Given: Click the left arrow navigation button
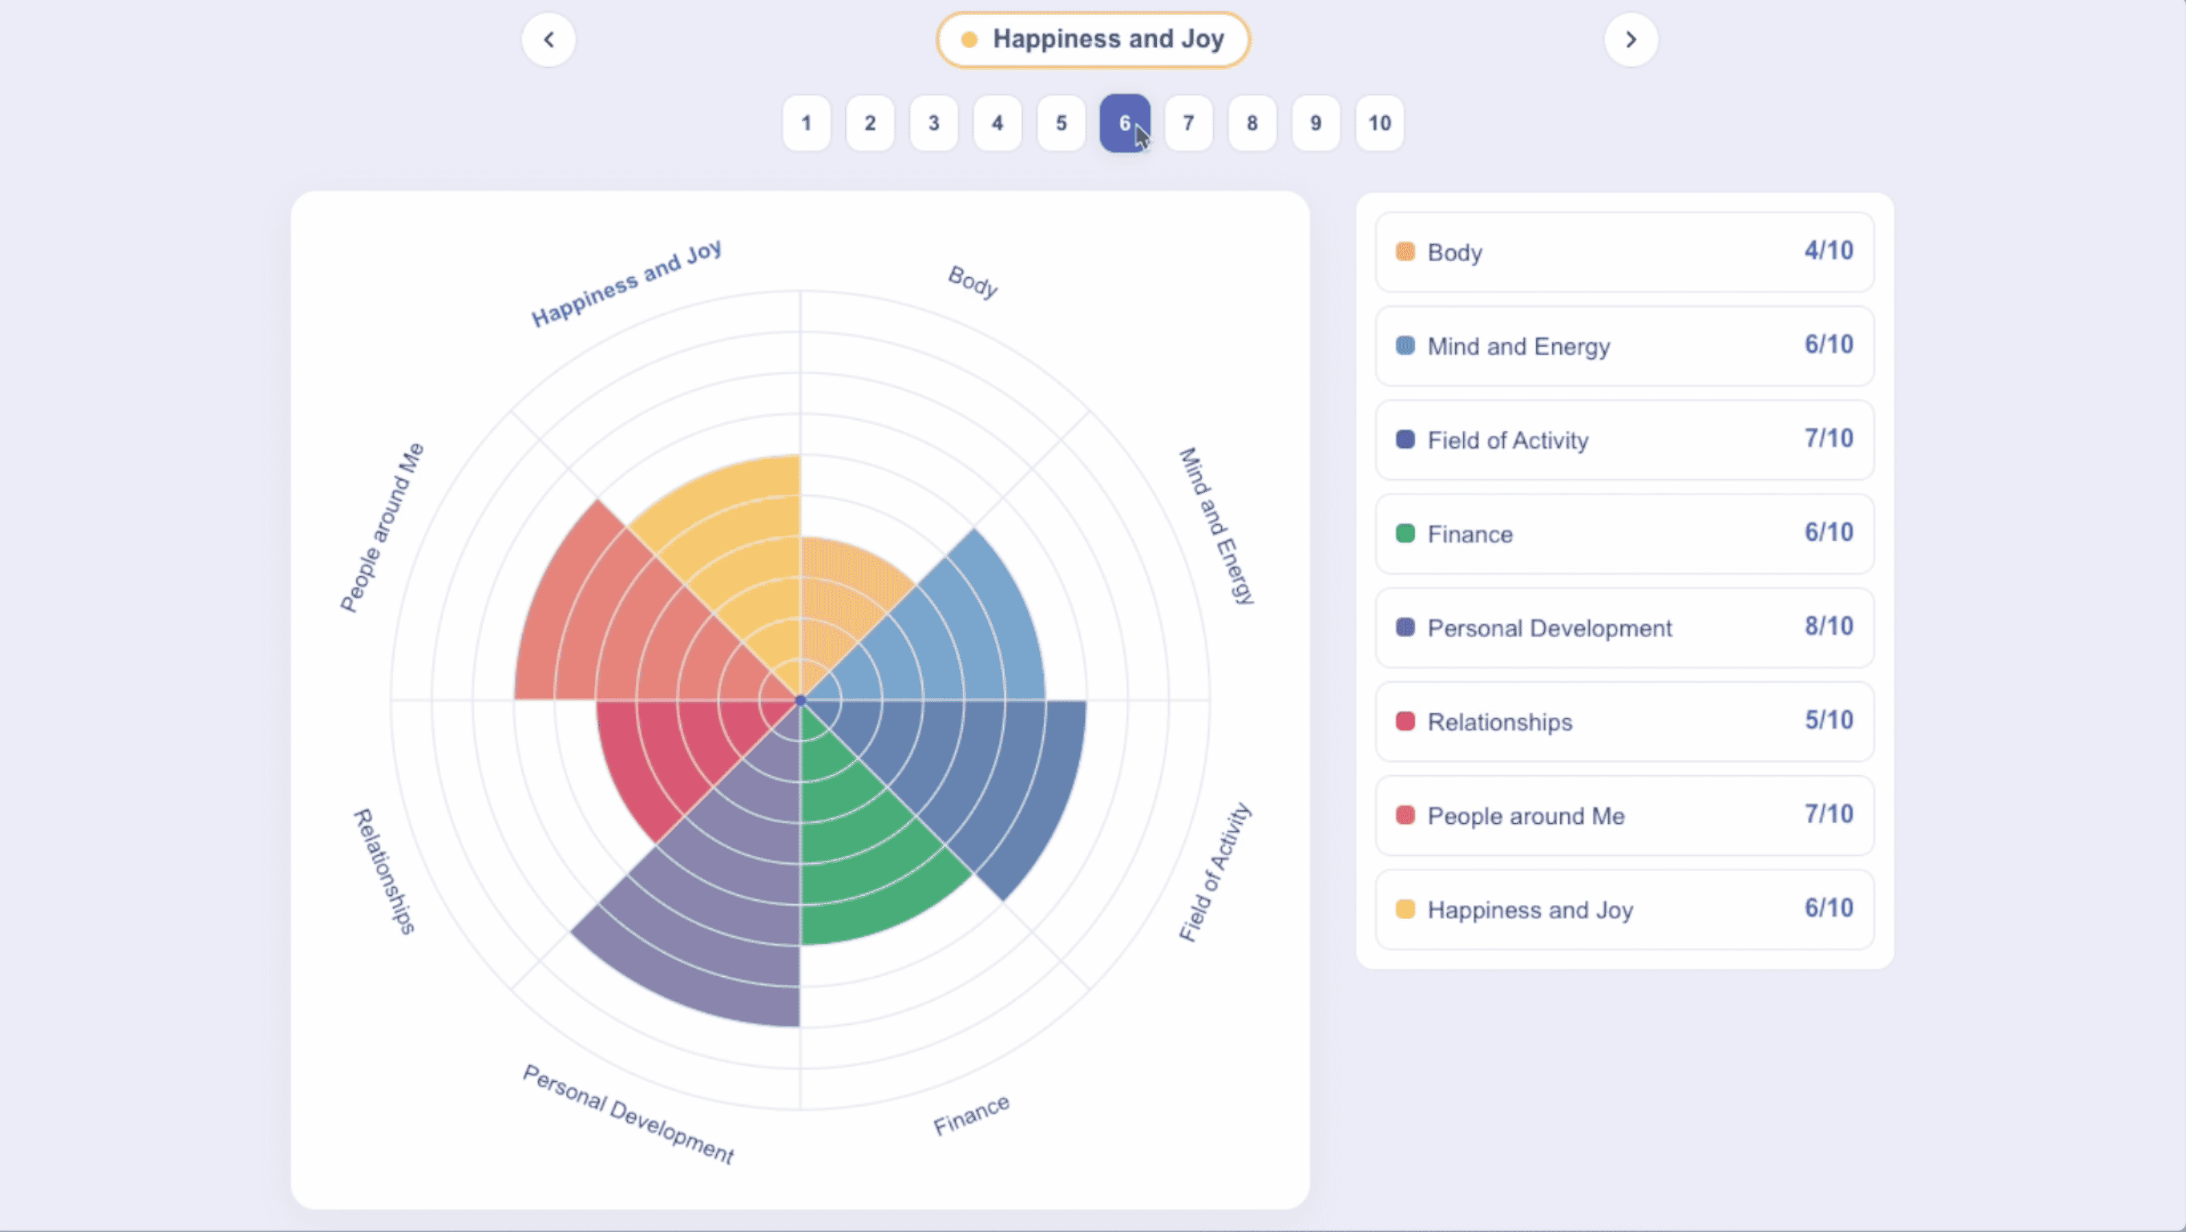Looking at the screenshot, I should (x=548, y=40).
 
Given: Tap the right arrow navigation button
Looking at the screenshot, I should (x=1630, y=40).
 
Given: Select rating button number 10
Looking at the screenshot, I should (x=1379, y=123).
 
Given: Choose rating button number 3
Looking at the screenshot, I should (x=933, y=123).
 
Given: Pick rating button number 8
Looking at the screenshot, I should (x=1251, y=123).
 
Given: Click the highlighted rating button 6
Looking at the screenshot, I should (x=1125, y=123).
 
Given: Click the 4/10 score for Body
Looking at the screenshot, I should (x=1828, y=251).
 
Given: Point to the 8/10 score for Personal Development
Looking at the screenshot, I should (x=1828, y=626).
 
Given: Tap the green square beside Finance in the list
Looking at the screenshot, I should (x=1405, y=534).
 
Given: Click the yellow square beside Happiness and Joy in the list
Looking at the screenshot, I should (x=1405, y=909).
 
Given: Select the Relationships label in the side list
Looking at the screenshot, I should (x=1499, y=722).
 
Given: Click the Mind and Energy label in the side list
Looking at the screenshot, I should (x=1518, y=346).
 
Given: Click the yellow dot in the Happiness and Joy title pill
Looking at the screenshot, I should (x=969, y=40).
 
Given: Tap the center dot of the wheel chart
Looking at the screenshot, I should (x=800, y=701).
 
